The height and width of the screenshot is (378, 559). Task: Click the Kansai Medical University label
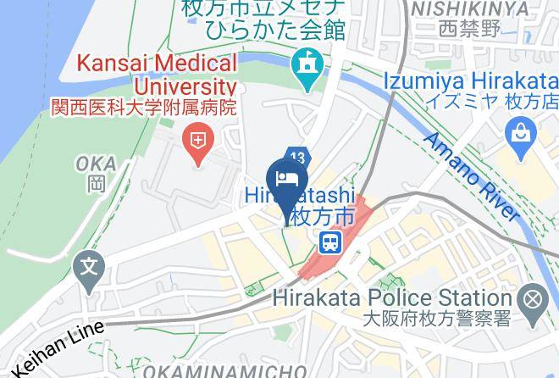[157, 74]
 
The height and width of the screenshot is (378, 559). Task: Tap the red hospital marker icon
[198, 138]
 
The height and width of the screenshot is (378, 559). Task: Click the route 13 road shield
[296, 157]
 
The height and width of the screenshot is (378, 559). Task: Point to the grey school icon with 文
[86, 270]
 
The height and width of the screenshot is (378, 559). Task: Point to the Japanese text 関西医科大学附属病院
[156, 109]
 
